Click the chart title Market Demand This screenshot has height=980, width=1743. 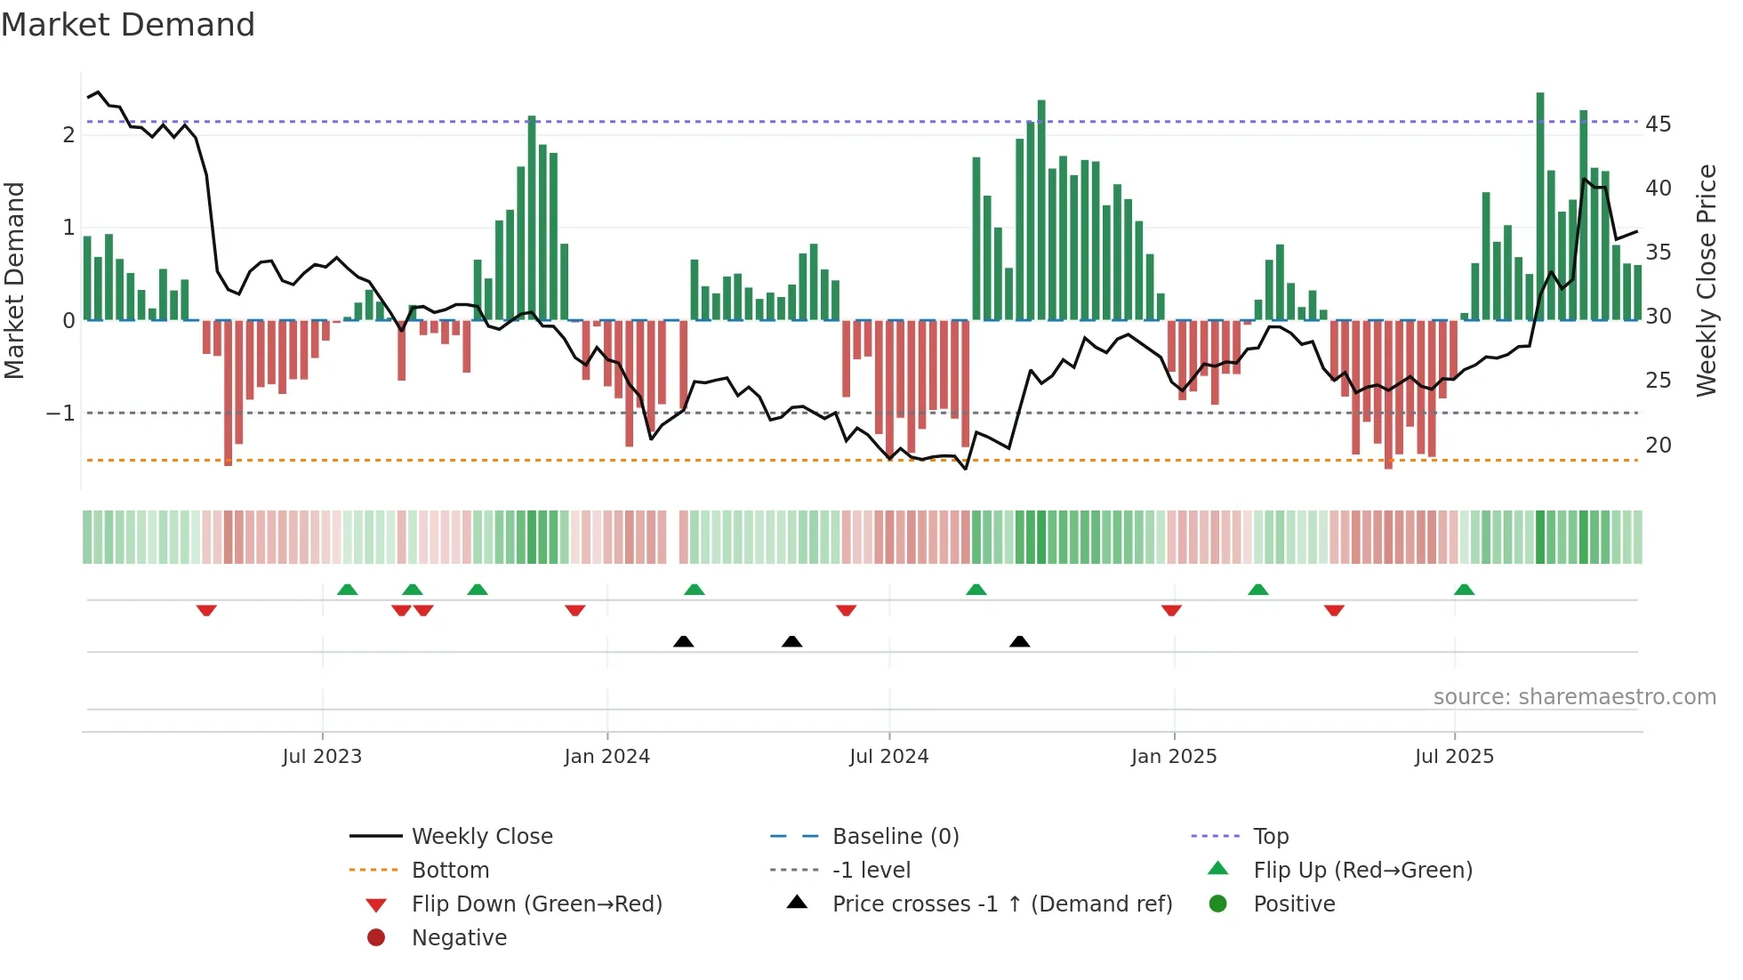click(127, 24)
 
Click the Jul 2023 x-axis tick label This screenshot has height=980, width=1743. click(322, 757)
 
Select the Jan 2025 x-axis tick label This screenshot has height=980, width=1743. click(1173, 757)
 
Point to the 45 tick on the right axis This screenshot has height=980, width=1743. click(1658, 124)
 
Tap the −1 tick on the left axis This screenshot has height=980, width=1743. click(60, 414)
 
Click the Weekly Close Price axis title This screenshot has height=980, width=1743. click(1706, 280)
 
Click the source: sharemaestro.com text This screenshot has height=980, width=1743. click(1574, 696)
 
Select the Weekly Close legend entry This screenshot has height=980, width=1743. click(481, 836)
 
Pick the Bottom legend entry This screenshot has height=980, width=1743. click(450, 870)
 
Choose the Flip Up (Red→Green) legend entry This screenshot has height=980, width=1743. click(1362, 870)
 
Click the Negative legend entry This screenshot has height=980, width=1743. click(459, 937)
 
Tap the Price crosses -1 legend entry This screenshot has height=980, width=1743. click(1001, 904)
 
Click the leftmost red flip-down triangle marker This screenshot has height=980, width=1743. click(206, 610)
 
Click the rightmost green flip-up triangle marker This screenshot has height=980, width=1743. click(1464, 590)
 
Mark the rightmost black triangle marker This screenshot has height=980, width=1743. click(1020, 641)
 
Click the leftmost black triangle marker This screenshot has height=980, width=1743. click(683, 641)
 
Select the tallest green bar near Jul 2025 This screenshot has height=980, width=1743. click(1540, 205)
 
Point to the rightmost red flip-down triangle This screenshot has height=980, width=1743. click(1333, 610)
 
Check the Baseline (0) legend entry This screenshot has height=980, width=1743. click(895, 836)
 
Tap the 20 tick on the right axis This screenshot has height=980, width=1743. click(1658, 445)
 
